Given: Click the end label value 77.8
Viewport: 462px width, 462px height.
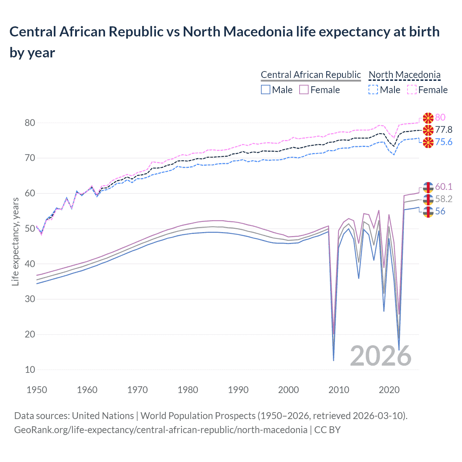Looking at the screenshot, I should click(444, 130).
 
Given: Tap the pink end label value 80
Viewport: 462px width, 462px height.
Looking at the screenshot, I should click(440, 118).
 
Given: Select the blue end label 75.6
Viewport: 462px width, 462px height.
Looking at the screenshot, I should click(444, 142).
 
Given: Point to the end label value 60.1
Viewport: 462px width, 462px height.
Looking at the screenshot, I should click(444, 187).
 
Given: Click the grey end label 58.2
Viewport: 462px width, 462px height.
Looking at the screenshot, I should click(444, 199).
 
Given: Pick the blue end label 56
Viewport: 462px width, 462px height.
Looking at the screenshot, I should click(440, 212).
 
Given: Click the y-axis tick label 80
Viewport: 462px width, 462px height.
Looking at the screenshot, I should click(30, 123).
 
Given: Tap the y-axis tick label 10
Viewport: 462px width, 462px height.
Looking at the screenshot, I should click(30, 370).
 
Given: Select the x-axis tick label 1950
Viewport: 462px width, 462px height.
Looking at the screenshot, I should click(37, 390).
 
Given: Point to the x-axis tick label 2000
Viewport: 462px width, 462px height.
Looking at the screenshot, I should click(288, 390).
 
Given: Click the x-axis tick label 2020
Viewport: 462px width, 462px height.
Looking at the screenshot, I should click(389, 390).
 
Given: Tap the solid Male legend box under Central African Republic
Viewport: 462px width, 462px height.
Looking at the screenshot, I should click(266, 90).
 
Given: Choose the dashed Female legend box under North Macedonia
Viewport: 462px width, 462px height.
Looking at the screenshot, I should click(412, 90).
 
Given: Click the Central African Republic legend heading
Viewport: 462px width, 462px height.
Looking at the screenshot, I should click(311, 75).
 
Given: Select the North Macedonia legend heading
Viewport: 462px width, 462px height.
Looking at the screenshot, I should click(405, 75).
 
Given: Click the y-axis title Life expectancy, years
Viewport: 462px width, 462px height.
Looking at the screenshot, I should click(16, 242).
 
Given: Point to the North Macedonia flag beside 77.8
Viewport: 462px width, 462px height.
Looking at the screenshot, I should click(428, 130).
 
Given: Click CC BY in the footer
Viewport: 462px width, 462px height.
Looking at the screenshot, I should click(327, 430).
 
